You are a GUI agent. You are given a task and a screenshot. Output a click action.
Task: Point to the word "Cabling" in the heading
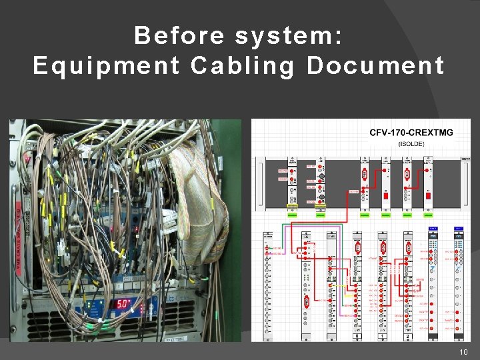[x=243, y=66]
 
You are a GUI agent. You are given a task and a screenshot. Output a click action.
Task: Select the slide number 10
[x=464, y=352]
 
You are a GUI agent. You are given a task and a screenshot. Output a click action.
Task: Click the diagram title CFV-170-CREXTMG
[x=411, y=133]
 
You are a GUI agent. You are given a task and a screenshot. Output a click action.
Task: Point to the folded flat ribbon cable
[x=200, y=200]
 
